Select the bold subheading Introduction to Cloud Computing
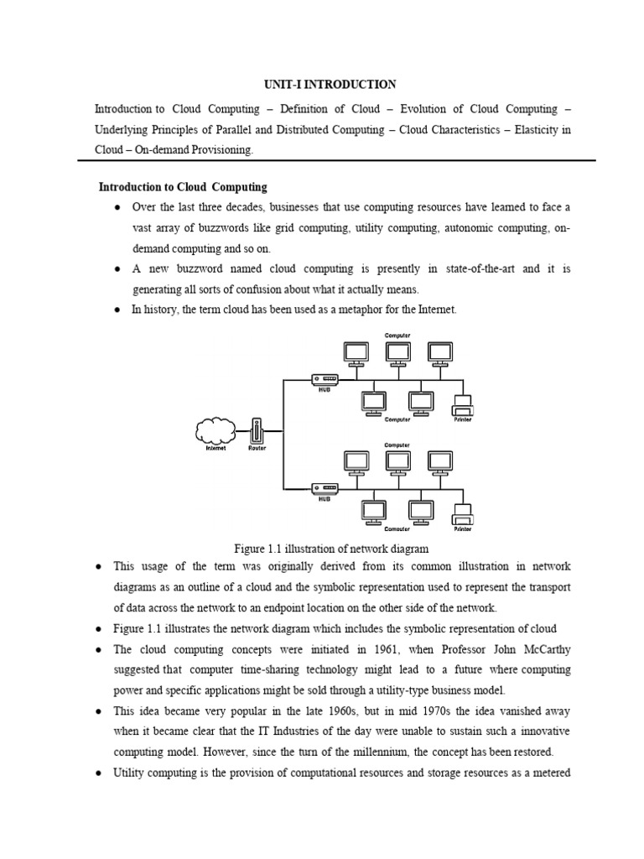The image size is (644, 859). coord(183,186)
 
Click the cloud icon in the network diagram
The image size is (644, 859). coord(216,431)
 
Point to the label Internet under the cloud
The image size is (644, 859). coord(216,449)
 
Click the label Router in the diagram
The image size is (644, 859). coord(257,449)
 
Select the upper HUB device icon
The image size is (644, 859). coord(324,380)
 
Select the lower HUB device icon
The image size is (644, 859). coord(324,488)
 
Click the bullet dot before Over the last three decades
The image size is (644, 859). coord(117,207)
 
